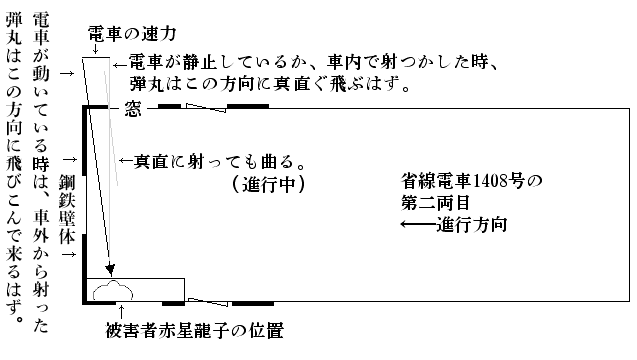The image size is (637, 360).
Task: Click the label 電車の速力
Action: point(132,34)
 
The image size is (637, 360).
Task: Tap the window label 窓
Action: point(132,109)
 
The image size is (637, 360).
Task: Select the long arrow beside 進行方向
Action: point(419,224)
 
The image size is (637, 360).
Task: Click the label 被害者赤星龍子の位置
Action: point(195,330)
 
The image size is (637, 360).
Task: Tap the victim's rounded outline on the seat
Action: point(113,290)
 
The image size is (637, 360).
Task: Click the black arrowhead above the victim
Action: point(110,269)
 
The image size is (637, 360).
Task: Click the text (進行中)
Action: point(269,185)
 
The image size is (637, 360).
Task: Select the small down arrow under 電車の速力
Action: point(95,49)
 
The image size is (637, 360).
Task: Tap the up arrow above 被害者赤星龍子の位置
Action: point(121,312)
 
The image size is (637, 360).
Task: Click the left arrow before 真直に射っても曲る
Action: point(126,161)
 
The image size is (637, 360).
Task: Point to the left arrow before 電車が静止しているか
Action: point(121,65)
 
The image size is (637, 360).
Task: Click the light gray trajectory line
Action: point(111,128)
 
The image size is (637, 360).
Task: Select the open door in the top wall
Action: point(206,108)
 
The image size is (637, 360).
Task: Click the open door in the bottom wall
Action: point(208,302)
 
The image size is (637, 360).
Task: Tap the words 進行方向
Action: point(472,225)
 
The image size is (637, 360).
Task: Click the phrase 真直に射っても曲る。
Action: point(220,162)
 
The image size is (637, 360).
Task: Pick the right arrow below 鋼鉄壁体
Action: point(69,254)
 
